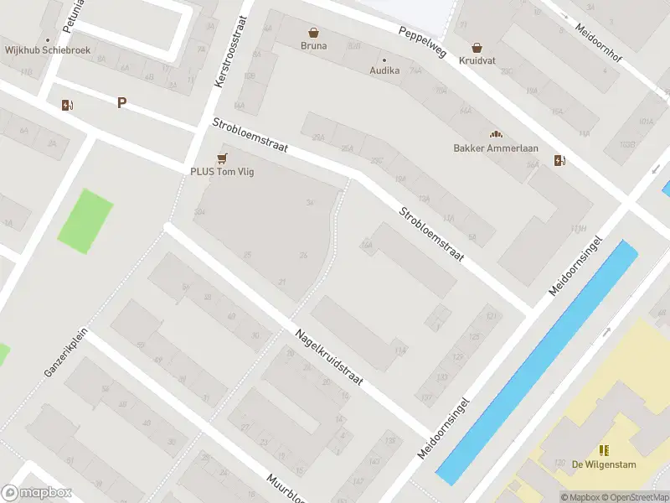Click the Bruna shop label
[314, 46]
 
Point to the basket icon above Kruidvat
[477, 48]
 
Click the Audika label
[385, 71]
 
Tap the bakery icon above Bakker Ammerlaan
[495, 134]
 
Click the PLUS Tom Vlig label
[222, 172]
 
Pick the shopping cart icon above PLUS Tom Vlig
[222, 157]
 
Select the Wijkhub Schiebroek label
[47, 50]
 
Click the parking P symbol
[121, 103]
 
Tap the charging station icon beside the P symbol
[67, 105]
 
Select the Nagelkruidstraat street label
[328, 357]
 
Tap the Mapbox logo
[37, 493]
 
